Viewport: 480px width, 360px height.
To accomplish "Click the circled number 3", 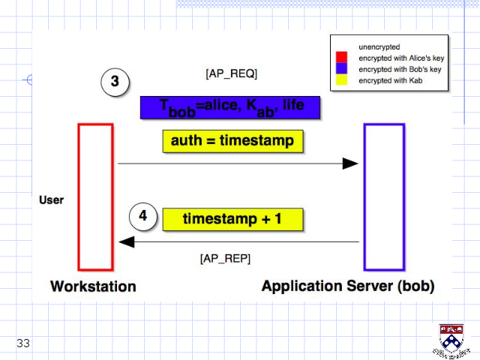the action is pyautogui.click(x=115, y=82).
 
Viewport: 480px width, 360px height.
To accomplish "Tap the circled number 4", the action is pyautogui.click(x=143, y=217).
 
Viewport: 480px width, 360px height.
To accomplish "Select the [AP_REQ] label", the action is pyautogui.click(x=232, y=73).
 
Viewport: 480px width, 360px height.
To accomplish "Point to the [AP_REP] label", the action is pyautogui.click(x=225, y=259).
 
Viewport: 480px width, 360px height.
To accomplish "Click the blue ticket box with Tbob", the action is pyautogui.click(x=230, y=108).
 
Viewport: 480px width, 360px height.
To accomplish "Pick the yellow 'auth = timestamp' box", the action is pyautogui.click(x=233, y=141).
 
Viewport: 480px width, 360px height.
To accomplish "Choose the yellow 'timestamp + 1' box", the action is pyautogui.click(x=233, y=219).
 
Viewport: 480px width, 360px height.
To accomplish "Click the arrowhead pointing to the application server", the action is pyautogui.click(x=350, y=163).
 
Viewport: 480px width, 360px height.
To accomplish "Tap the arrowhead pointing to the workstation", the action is pyautogui.click(x=127, y=241).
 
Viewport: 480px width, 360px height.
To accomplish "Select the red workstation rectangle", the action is pyautogui.click(x=79, y=197).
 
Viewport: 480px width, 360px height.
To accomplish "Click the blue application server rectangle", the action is pyautogui.click(x=365, y=197).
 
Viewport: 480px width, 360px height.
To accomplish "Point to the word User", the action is pyautogui.click(x=52, y=200).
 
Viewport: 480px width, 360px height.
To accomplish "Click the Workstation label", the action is pyautogui.click(x=93, y=286).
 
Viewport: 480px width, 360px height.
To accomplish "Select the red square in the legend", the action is pyautogui.click(x=342, y=57).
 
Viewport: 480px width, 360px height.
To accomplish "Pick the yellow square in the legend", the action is pyautogui.click(x=342, y=79).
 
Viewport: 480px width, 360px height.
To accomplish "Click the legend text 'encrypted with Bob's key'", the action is pyautogui.click(x=400, y=70).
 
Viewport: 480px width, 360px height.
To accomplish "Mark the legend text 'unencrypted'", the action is pyautogui.click(x=379, y=46).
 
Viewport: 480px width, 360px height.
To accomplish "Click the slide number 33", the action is pyautogui.click(x=23, y=343).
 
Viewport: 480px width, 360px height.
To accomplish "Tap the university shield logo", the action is pyautogui.click(x=451, y=340).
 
